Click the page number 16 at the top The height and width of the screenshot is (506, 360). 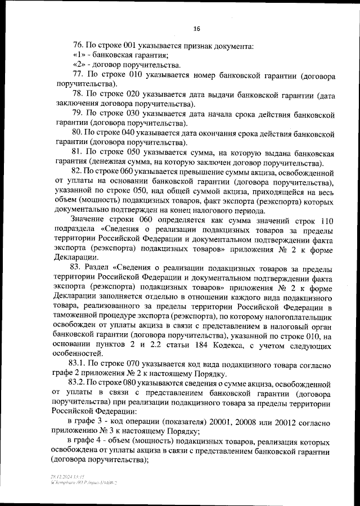coord(196,29)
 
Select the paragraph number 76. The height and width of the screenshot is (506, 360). coord(79,45)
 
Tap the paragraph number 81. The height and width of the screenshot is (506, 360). coord(79,153)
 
